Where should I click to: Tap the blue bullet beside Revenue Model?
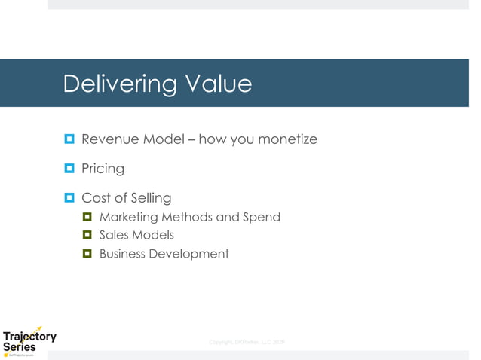[69, 139]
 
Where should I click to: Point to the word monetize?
[287, 139]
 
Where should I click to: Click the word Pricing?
[103, 169]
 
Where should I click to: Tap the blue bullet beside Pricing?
[69, 169]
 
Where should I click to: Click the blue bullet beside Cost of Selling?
[69, 198]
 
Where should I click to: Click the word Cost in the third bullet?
[95, 198]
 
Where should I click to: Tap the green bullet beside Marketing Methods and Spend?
[87, 218]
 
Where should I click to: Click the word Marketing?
[129, 218]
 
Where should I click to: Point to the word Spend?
[262, 218]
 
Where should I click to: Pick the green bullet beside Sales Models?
[87, 236]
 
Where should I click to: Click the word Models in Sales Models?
[154, 236]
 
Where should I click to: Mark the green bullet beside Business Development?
[87, 254]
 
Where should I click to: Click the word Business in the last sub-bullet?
[122, 254]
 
